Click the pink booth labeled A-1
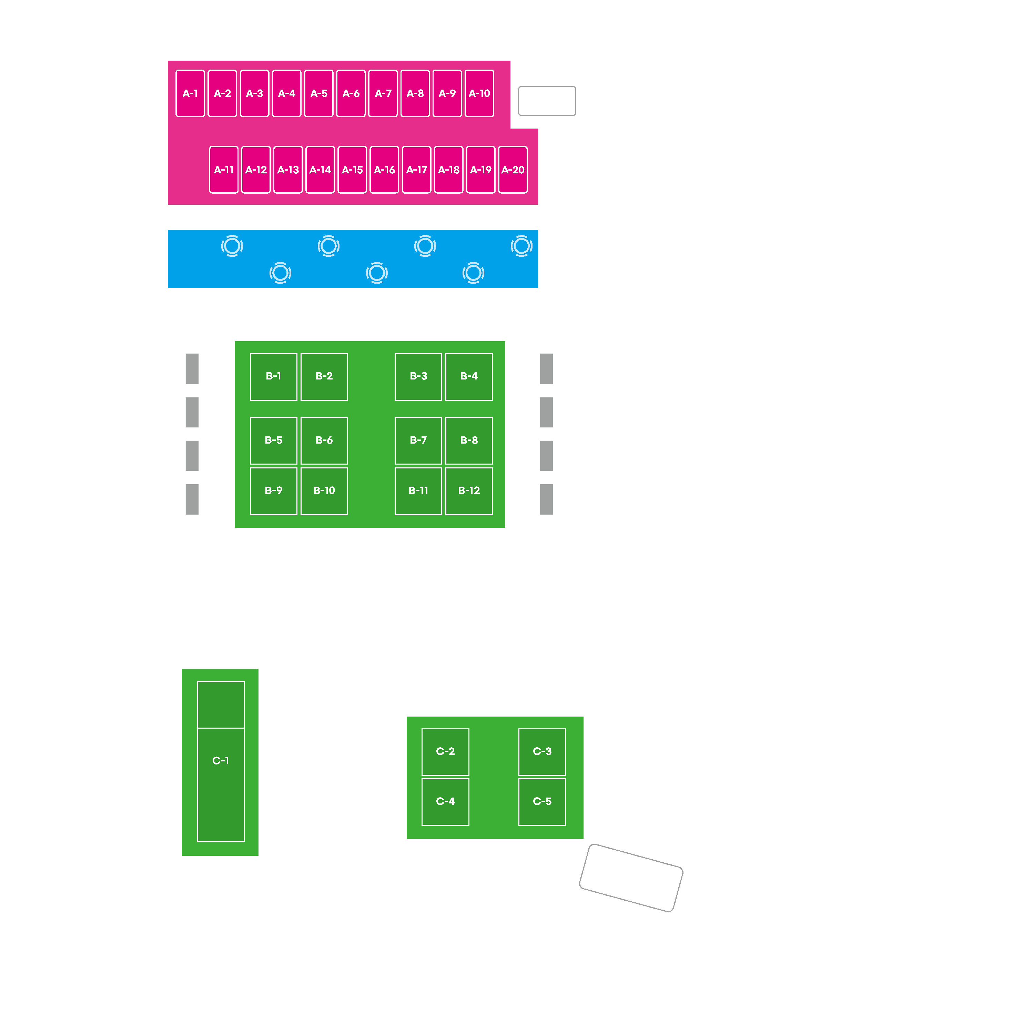[190, 93]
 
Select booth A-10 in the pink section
[479, 93]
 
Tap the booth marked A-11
[224, 170]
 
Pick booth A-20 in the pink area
[513, 170]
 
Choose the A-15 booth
[352, 170]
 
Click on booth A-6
[351, 93]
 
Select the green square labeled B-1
[273, 377]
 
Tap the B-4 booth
[469, 377]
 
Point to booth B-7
[418, 440]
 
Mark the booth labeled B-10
[324, 491]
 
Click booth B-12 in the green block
[469, 491]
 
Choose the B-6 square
[324, 440]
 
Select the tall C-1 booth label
[221, 761]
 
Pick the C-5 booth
[542, 802]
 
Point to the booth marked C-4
[445, 802]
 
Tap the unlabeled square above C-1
[221, 704]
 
